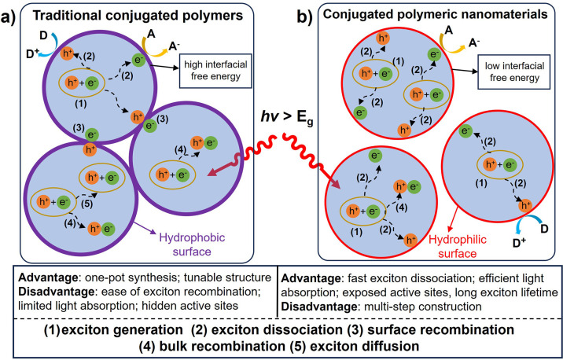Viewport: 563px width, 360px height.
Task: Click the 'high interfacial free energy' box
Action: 215,71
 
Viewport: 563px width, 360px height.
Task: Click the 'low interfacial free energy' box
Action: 514,72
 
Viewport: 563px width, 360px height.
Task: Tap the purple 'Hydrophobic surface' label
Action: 192,244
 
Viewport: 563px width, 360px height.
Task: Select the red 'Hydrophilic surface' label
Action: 458,247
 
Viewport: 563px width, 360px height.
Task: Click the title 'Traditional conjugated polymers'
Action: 138,16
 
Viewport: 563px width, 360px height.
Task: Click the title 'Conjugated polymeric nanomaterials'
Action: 435,14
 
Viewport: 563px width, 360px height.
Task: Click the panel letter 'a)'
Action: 9,17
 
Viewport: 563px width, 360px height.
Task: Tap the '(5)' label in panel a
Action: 86,204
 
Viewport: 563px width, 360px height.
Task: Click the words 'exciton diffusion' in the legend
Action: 364,347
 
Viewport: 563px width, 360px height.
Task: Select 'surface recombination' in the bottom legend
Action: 440,329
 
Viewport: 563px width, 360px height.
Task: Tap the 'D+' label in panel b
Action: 519,244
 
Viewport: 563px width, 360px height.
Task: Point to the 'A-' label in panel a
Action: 175,46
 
